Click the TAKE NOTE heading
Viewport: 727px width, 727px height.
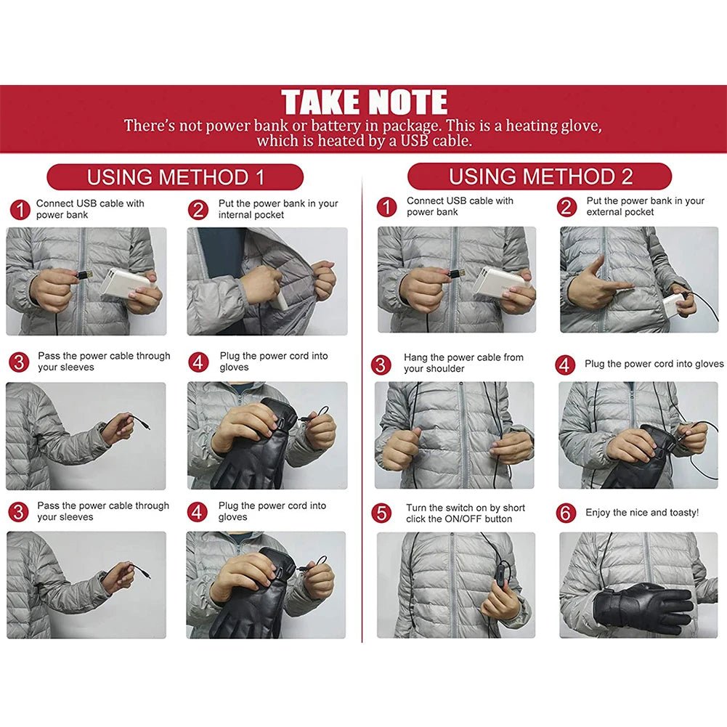(364, 102)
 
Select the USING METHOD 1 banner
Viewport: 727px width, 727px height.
(175, 177)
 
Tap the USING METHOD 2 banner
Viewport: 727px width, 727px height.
(540, 176)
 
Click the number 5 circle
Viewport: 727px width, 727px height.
(382, 513)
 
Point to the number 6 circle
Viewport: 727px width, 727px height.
(566, 513)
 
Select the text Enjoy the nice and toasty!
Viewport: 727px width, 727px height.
(642, 513)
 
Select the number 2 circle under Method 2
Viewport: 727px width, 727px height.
(567, 207)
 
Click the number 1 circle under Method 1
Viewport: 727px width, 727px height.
(20, 210)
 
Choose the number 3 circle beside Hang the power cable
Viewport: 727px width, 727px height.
(382, 364)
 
